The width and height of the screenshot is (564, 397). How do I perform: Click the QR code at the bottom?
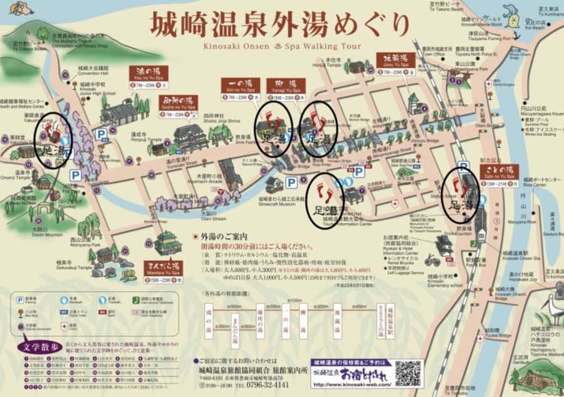tap(409, 373)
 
